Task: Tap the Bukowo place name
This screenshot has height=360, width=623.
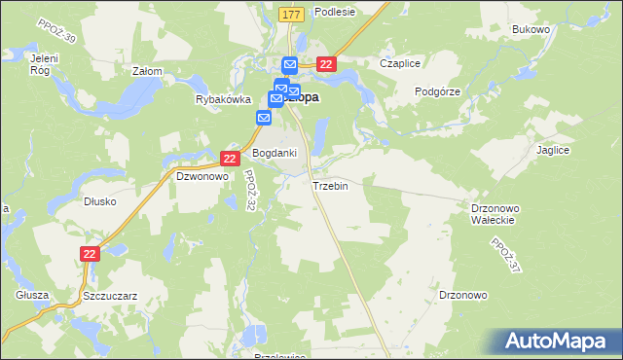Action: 531,30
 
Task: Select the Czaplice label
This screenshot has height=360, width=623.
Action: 400,64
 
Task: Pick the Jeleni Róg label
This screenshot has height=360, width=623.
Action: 40,64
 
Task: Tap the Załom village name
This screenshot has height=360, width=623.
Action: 146,71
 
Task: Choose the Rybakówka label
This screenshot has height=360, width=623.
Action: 223,99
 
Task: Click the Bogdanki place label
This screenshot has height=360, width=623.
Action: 275,154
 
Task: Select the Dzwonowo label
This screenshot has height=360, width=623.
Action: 202,177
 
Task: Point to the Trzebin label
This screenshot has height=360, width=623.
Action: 330,185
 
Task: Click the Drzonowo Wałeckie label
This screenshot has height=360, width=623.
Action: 498,214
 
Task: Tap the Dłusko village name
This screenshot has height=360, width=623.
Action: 100,201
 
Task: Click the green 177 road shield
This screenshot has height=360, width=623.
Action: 291,15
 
